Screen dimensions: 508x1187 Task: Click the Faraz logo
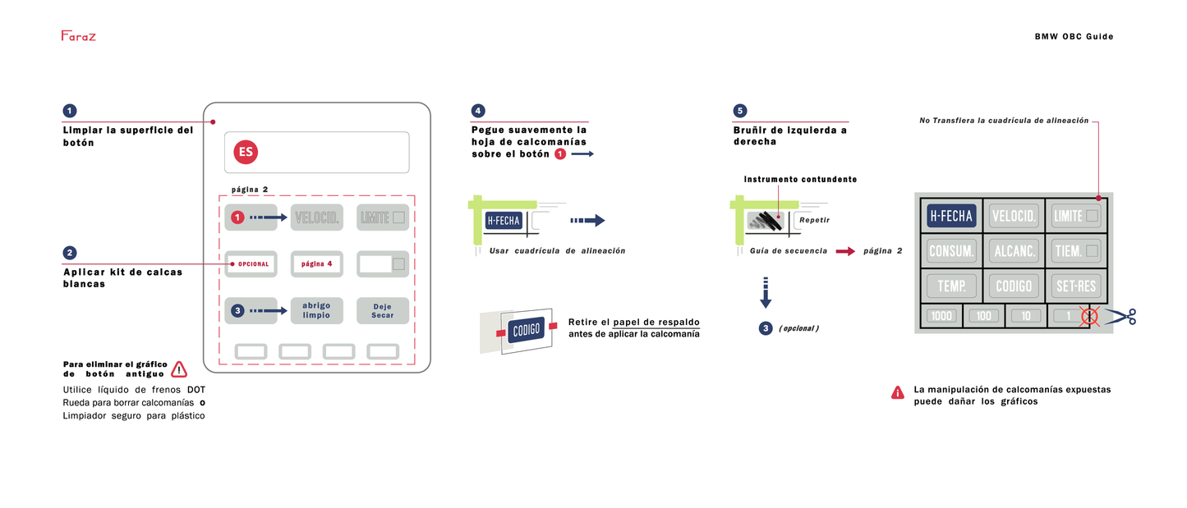(x=78, y=35)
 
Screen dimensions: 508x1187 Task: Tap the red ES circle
(x=246, y=153)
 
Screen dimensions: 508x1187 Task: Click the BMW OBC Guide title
(x=1074, y=36)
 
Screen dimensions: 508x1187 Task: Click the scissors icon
(x=1121, y=317)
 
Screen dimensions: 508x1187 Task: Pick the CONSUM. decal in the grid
(x=951, y=249)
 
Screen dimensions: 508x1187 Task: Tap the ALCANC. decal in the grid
(x=1014, y=249)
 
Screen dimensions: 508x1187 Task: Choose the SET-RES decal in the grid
(x=1076, y=286)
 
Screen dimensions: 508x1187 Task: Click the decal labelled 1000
(x=941, y=316)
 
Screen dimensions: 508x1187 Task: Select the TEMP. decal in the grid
(x=951, y=286)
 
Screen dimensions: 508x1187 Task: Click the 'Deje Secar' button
(x=383, y=311)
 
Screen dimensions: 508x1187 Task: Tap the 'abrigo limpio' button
(x=316, y=311)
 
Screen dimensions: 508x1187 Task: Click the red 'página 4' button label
(x=316, y=263)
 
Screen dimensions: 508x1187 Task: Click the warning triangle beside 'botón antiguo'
(x=179, y=369)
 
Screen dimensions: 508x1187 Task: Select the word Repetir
(x=814, y=220)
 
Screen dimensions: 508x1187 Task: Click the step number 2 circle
(x=70, y=253)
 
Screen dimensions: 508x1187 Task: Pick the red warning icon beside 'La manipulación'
(x=898, y=393)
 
